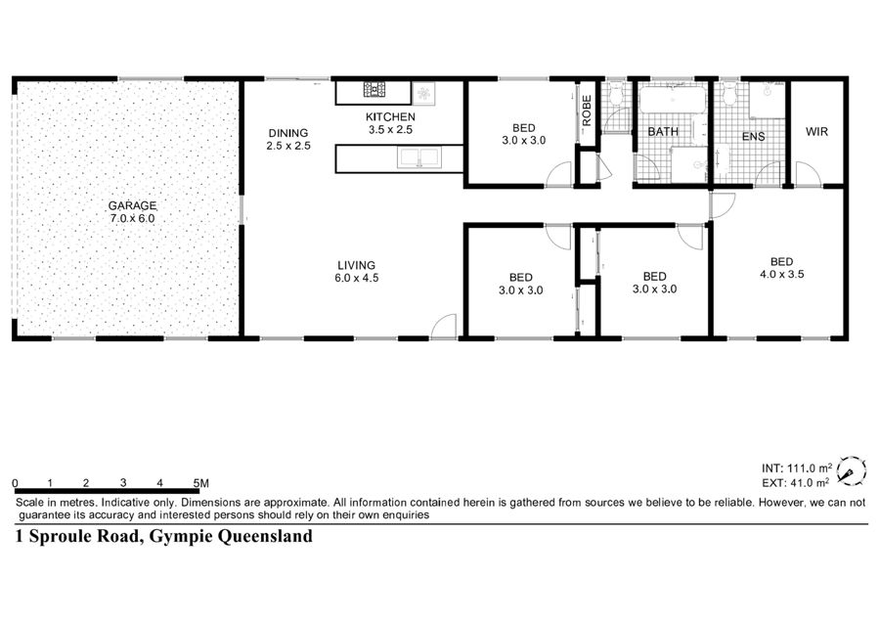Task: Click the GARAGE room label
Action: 132,205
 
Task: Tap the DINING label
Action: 287,133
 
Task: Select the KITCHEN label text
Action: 390,116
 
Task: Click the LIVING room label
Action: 356,265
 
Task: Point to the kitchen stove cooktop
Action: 374,89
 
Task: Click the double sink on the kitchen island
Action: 419,157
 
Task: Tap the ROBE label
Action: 587,111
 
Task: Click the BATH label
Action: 663,131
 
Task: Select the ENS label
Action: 753,136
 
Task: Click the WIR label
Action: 816,131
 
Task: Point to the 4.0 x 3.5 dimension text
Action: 782,274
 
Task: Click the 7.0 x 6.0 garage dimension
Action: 132,218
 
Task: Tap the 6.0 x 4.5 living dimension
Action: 356,278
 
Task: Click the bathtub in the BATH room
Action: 672,100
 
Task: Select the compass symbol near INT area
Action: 851,470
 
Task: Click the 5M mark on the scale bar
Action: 200,483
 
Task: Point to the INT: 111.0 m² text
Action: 796,468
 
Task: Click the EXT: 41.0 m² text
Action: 795,482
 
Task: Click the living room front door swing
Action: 443,326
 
